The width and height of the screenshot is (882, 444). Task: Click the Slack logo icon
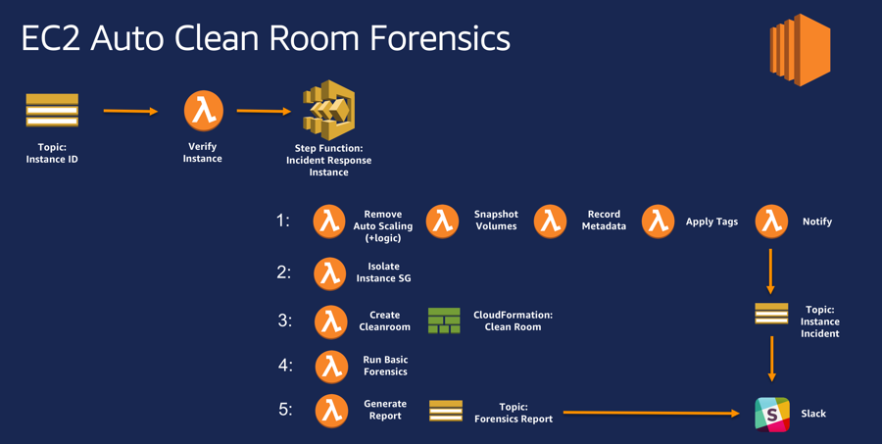772,414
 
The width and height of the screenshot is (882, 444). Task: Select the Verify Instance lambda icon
203,110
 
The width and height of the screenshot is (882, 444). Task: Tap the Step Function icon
328,110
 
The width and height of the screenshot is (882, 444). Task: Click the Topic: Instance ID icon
52,111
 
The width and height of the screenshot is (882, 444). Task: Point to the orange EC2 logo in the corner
800,50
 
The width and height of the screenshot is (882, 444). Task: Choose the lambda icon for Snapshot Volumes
443,221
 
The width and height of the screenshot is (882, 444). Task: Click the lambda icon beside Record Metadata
550,221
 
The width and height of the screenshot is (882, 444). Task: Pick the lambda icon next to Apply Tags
658,221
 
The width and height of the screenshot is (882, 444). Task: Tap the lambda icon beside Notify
771,221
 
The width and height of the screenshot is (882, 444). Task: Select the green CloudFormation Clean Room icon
444,321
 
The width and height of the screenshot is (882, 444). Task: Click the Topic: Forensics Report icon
446,412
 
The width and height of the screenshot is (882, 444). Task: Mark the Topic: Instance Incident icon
771,314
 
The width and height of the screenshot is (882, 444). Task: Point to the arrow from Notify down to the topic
770,271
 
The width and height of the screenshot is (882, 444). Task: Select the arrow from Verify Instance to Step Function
264,111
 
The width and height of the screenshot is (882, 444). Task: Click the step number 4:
285,365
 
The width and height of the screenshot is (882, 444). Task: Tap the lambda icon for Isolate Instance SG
330,273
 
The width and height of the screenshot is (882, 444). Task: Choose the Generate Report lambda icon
330,411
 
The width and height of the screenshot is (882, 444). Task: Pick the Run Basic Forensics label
385,366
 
